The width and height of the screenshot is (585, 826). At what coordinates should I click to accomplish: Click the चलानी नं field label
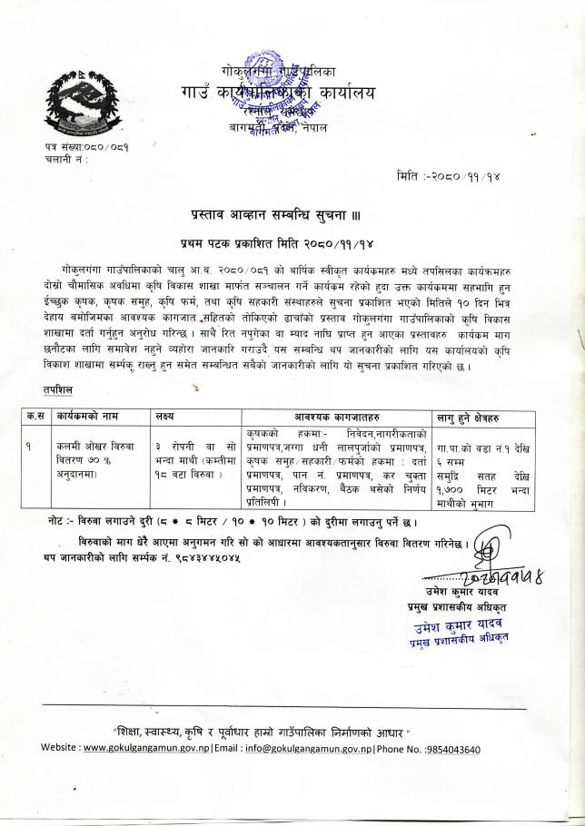tap(62, 158)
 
